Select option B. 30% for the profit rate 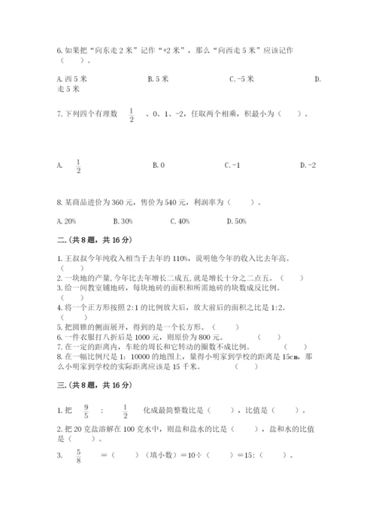point(123,220)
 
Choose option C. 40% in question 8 point(180,220)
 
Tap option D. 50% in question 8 point(237,220)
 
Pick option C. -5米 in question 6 point(241,78)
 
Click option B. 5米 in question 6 point(159,78)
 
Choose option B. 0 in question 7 point(158,164)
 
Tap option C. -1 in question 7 point(232,164)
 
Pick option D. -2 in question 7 point(308,164)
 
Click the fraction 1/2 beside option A point(78,164)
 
